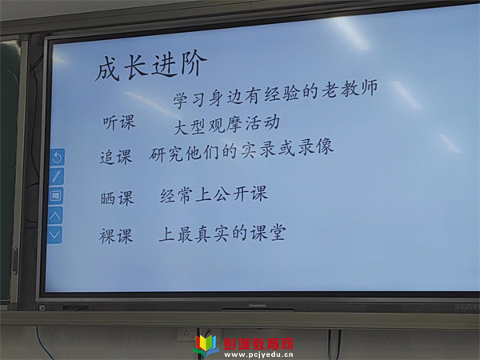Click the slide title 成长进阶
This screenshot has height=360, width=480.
pos(151,66)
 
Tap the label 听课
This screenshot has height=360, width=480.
pos(118,123)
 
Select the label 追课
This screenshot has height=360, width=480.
pos(116,157)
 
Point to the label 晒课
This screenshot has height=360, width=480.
pos(117,198)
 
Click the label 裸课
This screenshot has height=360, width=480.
pos(116,236)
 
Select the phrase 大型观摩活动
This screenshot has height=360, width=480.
pos(227,125)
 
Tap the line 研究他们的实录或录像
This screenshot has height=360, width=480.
pos(242,150)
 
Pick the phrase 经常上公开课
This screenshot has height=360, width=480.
pos(214,194)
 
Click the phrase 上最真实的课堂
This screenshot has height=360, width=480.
pos(222,234)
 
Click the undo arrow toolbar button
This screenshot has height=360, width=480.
pos(58,158)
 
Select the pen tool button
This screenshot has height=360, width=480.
pos(57,176)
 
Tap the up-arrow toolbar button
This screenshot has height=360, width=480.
pos(55,215)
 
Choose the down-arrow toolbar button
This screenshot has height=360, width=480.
pos(54,235)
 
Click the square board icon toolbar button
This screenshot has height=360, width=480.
pos(56,196)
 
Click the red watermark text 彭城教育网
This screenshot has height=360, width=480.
pos(258,344)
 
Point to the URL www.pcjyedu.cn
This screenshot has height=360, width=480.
pos(258,355)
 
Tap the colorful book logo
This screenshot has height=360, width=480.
pos(206,346)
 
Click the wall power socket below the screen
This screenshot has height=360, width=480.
pos(186,334)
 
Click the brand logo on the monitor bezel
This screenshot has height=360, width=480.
pos(258,306)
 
